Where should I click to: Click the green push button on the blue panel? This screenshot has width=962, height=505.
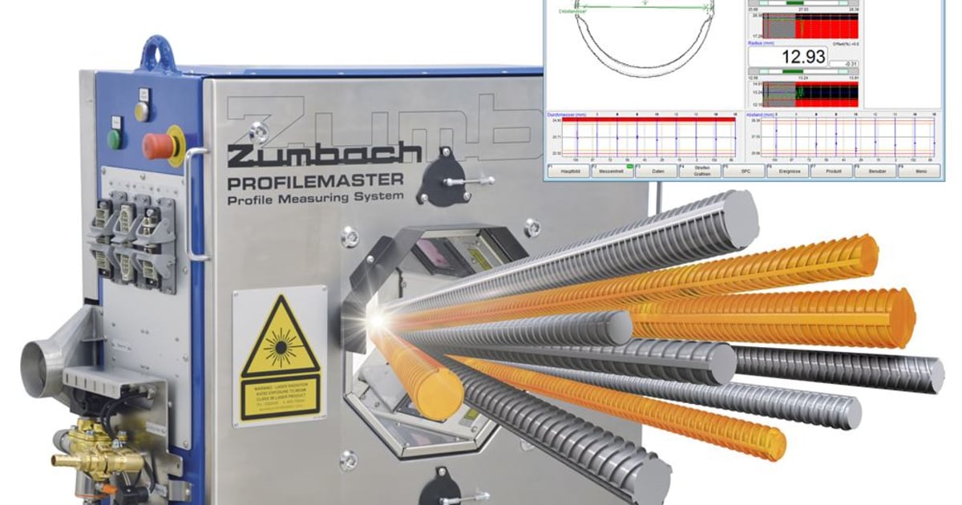(115, 138)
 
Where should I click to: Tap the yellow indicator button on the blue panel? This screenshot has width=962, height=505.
(142, 111)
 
